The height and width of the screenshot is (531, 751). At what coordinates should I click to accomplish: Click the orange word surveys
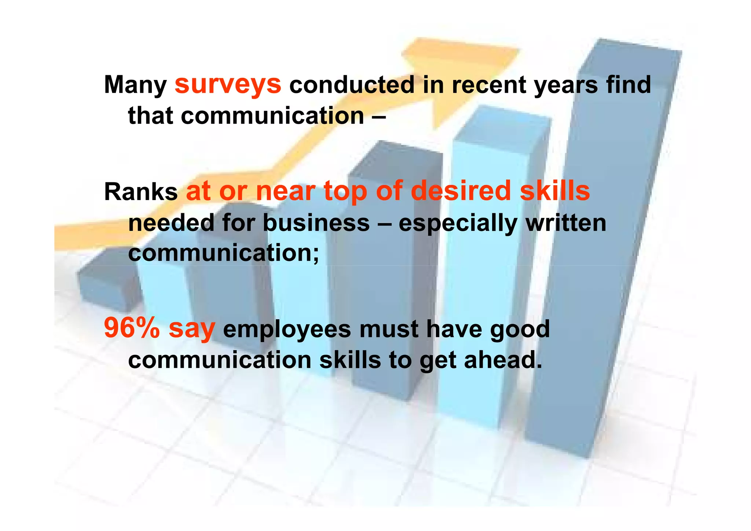pyautogui.click(x=228, y=85)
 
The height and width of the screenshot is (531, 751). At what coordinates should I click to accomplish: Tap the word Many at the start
pyautogui.click(x=135, y=86)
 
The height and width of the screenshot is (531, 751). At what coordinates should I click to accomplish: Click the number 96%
pyautogui.click(x=132, y=328)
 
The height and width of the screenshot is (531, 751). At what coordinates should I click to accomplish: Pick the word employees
pyautogui.click(x=287, y=329)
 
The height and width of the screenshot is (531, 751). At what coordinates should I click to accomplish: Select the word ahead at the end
pyautogui.click(x=502, y=360)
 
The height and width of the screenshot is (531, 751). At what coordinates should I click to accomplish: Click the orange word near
pyautogui.click(x=286, y=192)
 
